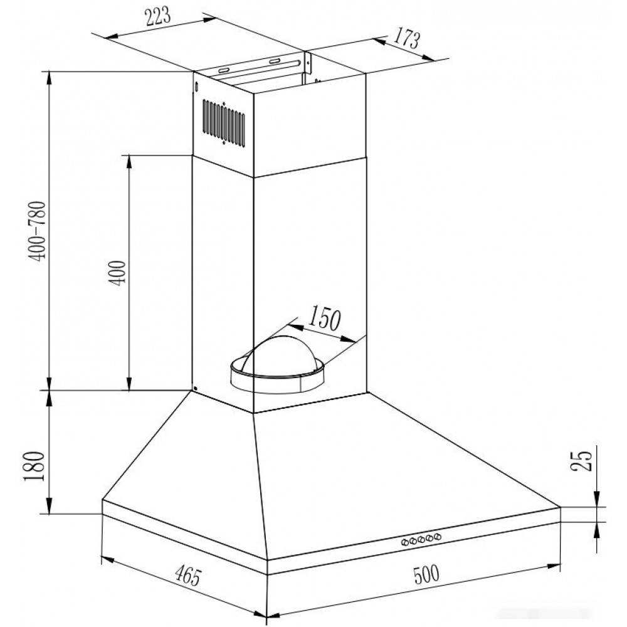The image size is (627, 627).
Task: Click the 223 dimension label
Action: pyautogui.click(x=157, y=16)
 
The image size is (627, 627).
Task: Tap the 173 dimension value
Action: pyautogui.click(x=407, y=39)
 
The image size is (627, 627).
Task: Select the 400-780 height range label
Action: pyautogui.click(x=39, y=231)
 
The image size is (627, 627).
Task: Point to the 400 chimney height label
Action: pyautogui.click(x=119, y=273)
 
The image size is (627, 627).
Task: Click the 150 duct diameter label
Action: pyautogui.click(x=325, y=318)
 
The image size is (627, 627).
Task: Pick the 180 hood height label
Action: pyautogui.click(x=34, y=466)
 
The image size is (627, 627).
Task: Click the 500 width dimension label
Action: pyautogui.click(x=426, y=575)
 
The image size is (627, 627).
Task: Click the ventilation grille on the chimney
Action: pyautogui.click(x=224, y=122)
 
